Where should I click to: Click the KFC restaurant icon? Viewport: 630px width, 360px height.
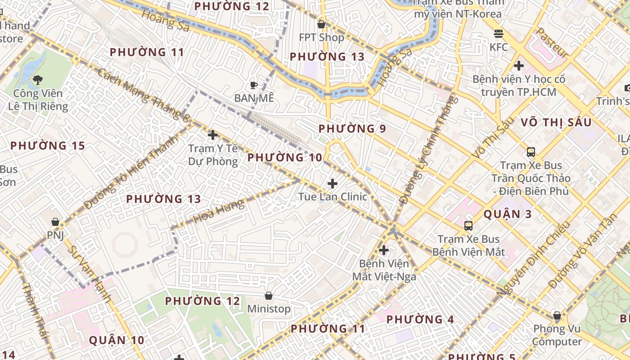(498, 34)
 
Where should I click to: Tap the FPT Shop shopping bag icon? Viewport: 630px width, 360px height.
(321, 24)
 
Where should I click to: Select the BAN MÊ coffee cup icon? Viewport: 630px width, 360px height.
(254, 85)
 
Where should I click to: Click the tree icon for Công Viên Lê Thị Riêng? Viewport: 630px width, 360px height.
(38, 80)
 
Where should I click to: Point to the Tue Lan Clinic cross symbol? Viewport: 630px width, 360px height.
(333, 184)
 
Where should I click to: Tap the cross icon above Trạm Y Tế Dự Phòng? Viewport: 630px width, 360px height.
(213, 135)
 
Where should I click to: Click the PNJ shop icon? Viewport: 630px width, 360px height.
(55, 222)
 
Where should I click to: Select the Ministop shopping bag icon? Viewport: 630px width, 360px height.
(269, 296)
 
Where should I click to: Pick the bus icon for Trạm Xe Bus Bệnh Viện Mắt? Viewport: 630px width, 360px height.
(468, 226)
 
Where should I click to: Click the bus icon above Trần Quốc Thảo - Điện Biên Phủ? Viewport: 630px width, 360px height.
(531, 152)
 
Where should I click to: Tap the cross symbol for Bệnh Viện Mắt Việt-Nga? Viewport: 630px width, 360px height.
(384, 250)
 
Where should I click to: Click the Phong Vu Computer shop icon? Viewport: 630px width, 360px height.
(557, 316)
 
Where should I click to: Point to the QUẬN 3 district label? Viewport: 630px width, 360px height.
(508, 214)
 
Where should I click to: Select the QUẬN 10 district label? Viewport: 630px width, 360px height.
(117, 340)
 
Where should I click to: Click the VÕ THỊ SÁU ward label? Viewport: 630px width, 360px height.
(556, 122)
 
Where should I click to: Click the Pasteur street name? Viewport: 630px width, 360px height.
(552, 43)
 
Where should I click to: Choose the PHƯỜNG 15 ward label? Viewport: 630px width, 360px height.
(48, 146)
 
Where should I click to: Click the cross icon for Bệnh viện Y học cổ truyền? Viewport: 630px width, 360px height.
(519, 66)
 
